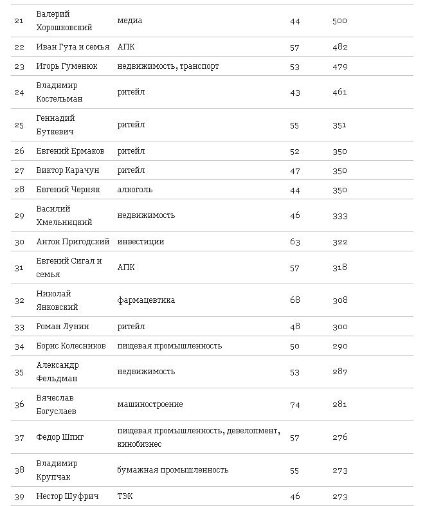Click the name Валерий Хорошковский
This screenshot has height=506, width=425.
[x=64, y=21]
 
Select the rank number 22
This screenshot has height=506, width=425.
[x=19, y=47]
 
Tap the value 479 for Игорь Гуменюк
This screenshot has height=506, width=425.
[x=340, y=66]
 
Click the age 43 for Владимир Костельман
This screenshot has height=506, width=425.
[x=295, y=92]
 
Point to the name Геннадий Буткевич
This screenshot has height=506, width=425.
[x=56, y=125]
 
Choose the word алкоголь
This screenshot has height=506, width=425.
[x=135, y=190]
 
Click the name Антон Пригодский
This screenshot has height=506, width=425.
[x=71, y=242]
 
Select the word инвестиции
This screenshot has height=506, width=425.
[x=141, y=242]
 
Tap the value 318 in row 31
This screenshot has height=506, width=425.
[x=340, y=267]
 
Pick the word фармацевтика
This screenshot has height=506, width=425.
[x=146, y=300]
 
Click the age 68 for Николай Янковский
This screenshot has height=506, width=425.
[x=295, y=300]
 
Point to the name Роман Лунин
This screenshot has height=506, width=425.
[x=62, y=327]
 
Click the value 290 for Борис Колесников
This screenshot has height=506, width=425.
[x=340, y=346]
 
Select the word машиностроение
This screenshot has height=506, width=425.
[x=150, y=404]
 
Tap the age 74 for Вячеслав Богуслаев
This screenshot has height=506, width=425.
[x=295, y=404]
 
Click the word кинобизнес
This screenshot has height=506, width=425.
[x=140, y=444]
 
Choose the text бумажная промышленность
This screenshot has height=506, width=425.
[x=173, y=470]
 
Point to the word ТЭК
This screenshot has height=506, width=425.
[x=126, y=496]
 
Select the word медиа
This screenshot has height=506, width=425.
[x=130, y=21]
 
